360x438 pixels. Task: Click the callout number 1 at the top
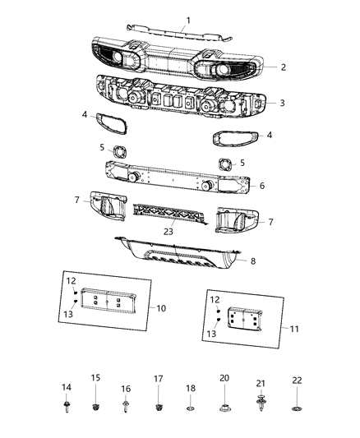click(187, 20)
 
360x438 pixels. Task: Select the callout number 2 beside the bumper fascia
click(283, 67)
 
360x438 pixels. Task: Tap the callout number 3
click(282, 104)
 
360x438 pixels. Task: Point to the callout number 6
click(262, 187)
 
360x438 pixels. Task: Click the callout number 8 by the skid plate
click(252, 262)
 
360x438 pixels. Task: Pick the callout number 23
click(168, 233)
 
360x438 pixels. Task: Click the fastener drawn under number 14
click(67, 406)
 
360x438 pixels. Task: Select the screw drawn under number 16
click(126, 406)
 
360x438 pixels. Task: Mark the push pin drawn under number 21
click(261, 405)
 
